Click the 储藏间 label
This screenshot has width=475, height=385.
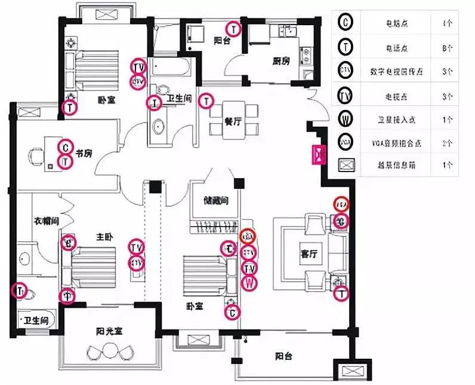[x=216, y=201]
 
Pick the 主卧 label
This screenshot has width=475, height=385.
[x=104, y=237]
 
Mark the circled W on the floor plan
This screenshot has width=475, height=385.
[x=249, y=282]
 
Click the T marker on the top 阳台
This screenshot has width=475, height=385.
[x=233, y=29]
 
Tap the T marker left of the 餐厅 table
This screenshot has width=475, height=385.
[x=206, y=101]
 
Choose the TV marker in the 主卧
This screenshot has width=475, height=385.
[x=137, y=247]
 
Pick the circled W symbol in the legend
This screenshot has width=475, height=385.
[x=346, y=118]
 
